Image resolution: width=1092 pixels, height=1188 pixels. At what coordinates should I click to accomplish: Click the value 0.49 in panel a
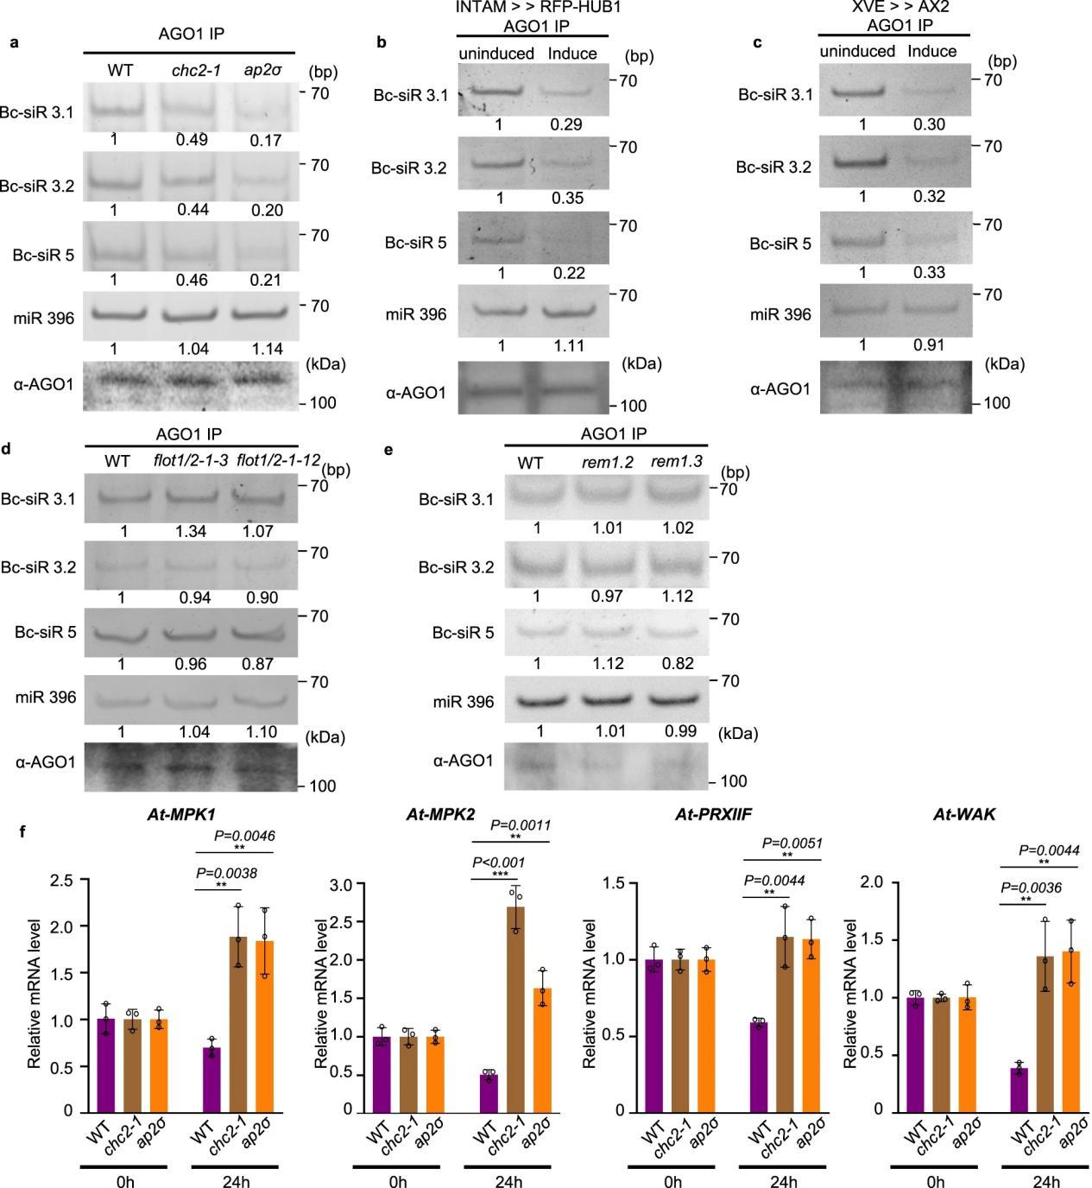192,139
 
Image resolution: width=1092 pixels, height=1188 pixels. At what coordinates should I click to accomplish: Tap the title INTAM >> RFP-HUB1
533,8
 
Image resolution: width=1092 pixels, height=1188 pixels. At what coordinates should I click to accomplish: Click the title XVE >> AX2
893,8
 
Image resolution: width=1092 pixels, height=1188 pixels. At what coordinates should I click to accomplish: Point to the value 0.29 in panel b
567,124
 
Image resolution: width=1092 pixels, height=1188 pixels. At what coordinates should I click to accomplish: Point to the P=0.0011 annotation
520,824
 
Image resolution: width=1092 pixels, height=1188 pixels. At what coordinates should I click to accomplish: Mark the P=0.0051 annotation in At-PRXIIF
792,843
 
